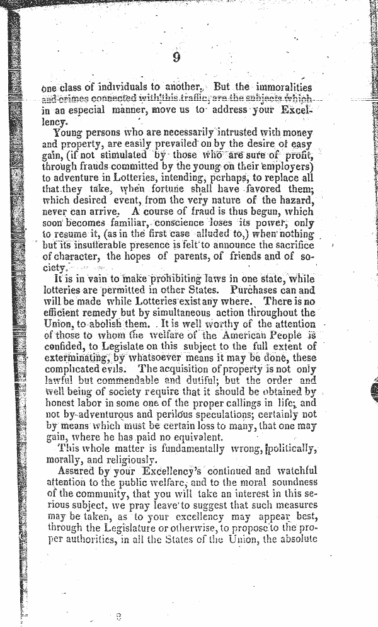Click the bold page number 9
pyautogui.click(x=176, y=57)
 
